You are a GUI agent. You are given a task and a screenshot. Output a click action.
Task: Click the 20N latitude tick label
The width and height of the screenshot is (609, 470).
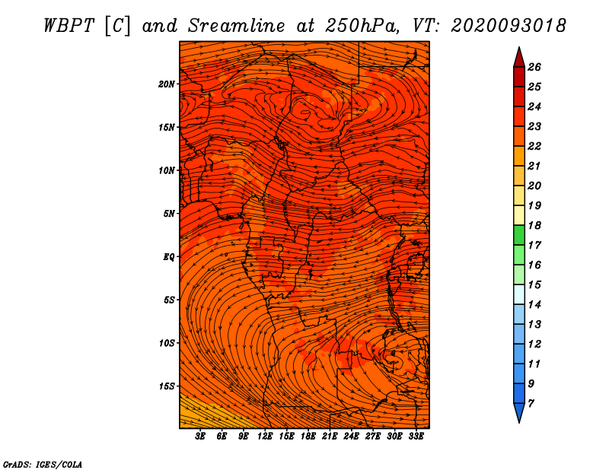click(x=167, y=84)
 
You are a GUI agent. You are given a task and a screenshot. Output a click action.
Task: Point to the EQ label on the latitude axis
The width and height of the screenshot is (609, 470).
click(x=169, y=256)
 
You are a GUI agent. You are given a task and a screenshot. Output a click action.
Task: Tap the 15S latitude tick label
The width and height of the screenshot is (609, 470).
click(x=167, y=386)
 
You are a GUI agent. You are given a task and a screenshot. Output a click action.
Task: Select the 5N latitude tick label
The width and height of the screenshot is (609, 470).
click(x=169, y=213)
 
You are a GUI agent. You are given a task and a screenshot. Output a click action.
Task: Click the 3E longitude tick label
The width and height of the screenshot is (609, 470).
click(x=200, y=437)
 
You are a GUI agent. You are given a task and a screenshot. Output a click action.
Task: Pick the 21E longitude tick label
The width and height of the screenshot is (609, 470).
click(x=330, y=437)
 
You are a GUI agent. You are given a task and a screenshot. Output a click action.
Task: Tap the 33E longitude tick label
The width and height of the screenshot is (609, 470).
click(x=416, y=437)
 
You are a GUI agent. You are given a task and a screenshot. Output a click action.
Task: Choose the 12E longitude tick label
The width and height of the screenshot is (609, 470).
click(x=265, y=437)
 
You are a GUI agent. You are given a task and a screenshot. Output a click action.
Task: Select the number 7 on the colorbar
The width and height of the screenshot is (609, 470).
click(x=531, y=403)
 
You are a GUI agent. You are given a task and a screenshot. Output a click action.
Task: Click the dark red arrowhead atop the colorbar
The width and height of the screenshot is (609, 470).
click(x=518, y=56)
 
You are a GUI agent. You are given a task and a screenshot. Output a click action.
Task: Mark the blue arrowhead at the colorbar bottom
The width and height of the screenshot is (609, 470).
click(x=518, y=413)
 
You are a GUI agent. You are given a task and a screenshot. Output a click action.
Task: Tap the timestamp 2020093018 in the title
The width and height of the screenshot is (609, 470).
click(x=509, y=25)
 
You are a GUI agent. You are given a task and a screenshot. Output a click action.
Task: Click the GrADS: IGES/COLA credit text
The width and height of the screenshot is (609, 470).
click(x=42, y=463)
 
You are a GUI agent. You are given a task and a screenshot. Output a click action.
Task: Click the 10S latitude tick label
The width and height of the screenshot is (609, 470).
click(x=167, y=343)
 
